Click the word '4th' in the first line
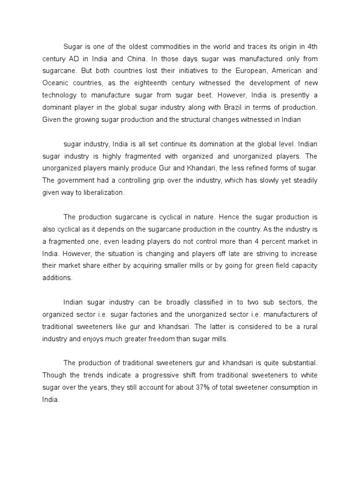pos(312,46)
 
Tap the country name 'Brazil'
pos(218,107)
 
